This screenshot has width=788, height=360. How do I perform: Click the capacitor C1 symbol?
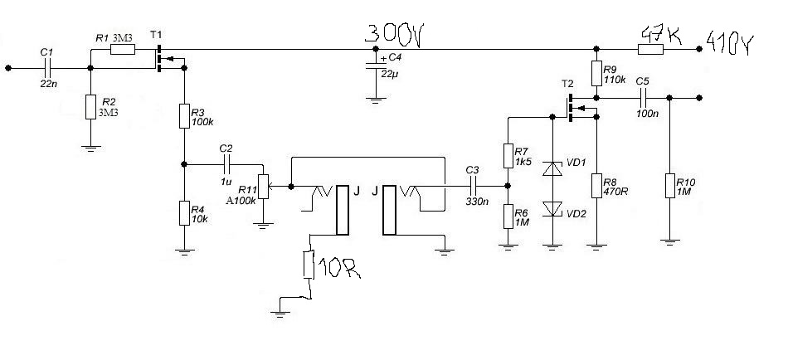[x=47, y=69]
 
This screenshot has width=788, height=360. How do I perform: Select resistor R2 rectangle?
[x=90, y=108]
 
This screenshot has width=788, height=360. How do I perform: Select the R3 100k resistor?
[x=185, y=116]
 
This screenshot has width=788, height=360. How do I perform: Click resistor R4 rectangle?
[x=185, y=213]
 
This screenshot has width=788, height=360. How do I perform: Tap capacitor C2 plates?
[x=226, y=165]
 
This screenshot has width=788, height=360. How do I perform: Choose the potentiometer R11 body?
[x=263, y=187]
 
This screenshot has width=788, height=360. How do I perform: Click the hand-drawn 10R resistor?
[x=309, y=265]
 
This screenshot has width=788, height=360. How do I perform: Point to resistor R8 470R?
[x=596, y=187]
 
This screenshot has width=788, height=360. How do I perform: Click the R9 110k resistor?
[x=596, y=73]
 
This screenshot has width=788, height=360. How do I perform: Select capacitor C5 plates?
[x=641, y=97]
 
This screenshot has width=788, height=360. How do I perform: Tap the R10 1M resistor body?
[x=669, y=186]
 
